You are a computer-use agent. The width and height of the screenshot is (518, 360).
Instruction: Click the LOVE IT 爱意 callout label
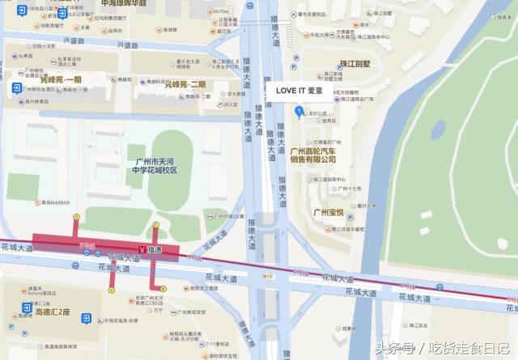point(299,90)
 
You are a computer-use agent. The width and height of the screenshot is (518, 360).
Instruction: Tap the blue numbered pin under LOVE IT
point(299,111)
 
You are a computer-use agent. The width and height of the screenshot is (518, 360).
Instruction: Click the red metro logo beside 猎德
point(142,252)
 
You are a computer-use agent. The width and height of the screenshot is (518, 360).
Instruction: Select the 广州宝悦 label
point(329,213)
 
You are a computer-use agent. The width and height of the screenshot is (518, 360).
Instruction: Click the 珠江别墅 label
point(355,63)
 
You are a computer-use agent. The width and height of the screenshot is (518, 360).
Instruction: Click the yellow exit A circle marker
point(112,287)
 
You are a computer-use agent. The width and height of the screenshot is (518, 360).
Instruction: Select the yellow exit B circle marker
point(163,287)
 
